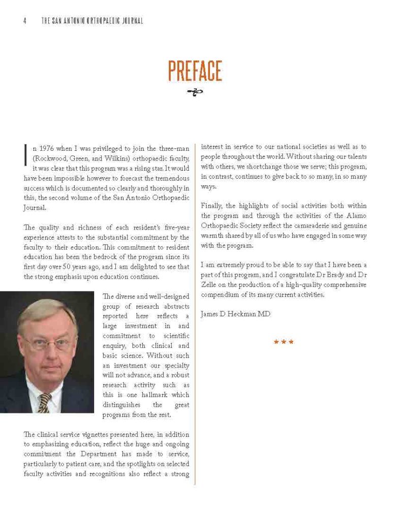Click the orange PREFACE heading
pyautogui.click(x=195, y=71)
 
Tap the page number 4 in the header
pyautogui.click(x=24, y=21)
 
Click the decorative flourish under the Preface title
pyautogui.click(x=195, y=92)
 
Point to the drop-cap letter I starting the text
pyautogui.click(x=26, y=153)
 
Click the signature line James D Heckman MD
pyautogui.click(x=235, y=314)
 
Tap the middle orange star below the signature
pyautogui.click(x=284, y=342)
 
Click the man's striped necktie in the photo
pyautogui.click(x=44, y=402)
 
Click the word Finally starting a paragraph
pyautogui.click(x=212, y=206)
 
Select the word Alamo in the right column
pyautogui.click(x=356, y=215)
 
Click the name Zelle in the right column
pyautogui.click(x=210, y=285)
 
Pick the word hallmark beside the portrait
pyautogui.click(x=156, y=395)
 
